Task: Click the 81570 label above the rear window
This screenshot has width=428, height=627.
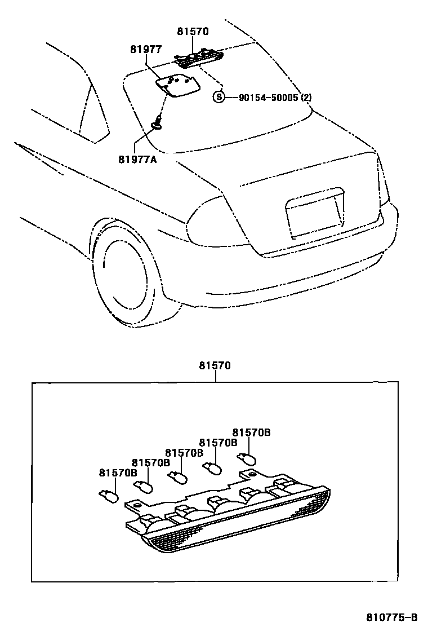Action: point(193,32)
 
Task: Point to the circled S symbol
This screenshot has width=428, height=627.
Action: point(219,98)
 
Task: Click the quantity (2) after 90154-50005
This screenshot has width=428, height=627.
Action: point(306,98)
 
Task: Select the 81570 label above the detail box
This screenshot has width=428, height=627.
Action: point(214,365)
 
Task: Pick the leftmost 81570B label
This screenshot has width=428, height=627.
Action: point(118,473)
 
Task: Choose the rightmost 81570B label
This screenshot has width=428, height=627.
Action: point(252,432)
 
